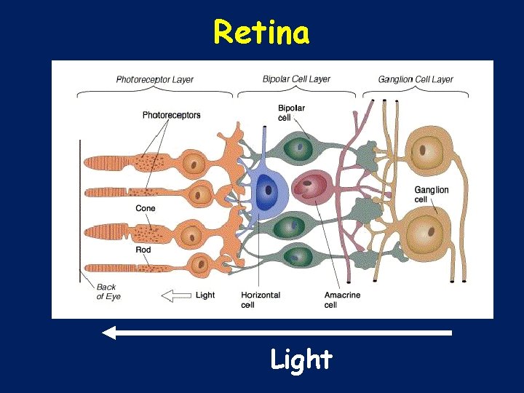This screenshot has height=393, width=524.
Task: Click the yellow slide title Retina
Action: pyautogui.click(x=261, y=32)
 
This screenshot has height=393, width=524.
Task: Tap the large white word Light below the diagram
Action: pyautogui.click(x=301, y=360)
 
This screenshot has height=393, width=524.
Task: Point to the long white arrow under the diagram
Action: pyautogui.click(x=277, y=333)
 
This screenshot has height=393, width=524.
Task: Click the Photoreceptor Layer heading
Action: pyautogui.click(x=154, y=79)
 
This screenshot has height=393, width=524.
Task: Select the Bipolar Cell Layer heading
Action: pyautogui.click(x=296, y=79)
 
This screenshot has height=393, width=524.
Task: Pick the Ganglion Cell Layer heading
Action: pyautogui.click(x=416, y=79)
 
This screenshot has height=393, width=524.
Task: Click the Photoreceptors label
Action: pyautogui.click(x=171, y=115)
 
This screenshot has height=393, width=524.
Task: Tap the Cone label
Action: pyautogui.click(x=146, y=209)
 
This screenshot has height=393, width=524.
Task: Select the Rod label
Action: pyautogui.click(x=143, y=250)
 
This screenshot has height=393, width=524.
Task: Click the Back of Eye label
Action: pyautogui.click(x=108, y=292)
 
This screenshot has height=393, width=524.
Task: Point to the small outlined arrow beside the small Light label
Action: pyautogui.click(x=175, y=295)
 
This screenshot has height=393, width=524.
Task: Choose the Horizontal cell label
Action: pyautogui.click(x=260, y=300)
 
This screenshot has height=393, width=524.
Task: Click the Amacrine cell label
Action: pyautogui.click(x=342, y=300)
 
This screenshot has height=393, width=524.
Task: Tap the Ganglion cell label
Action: pyautogui.click(x=432, y=194)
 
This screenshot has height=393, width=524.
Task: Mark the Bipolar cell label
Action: pyautogui.click(x=291, y=113)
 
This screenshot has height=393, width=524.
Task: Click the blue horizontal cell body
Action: pyautogui.click(x=267, y=191)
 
